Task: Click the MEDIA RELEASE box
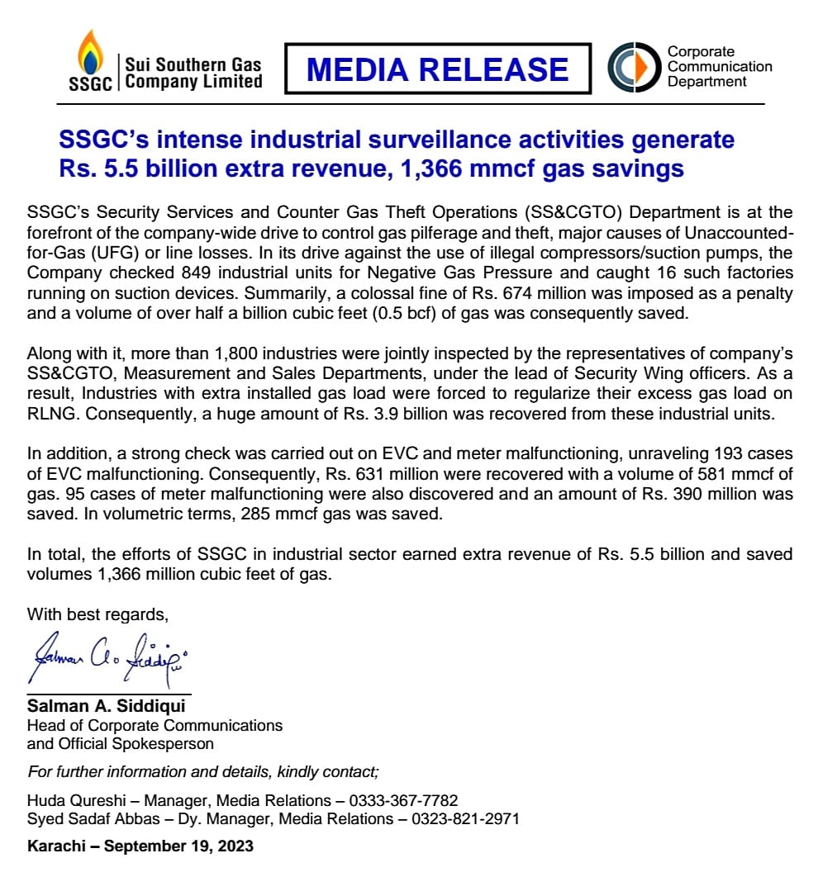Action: [x=437, y=69]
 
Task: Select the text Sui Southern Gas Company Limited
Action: [x=193, y=73]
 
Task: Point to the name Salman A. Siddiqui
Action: [x=107, y=707]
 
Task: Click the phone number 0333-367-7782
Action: [x=402, y=800]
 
